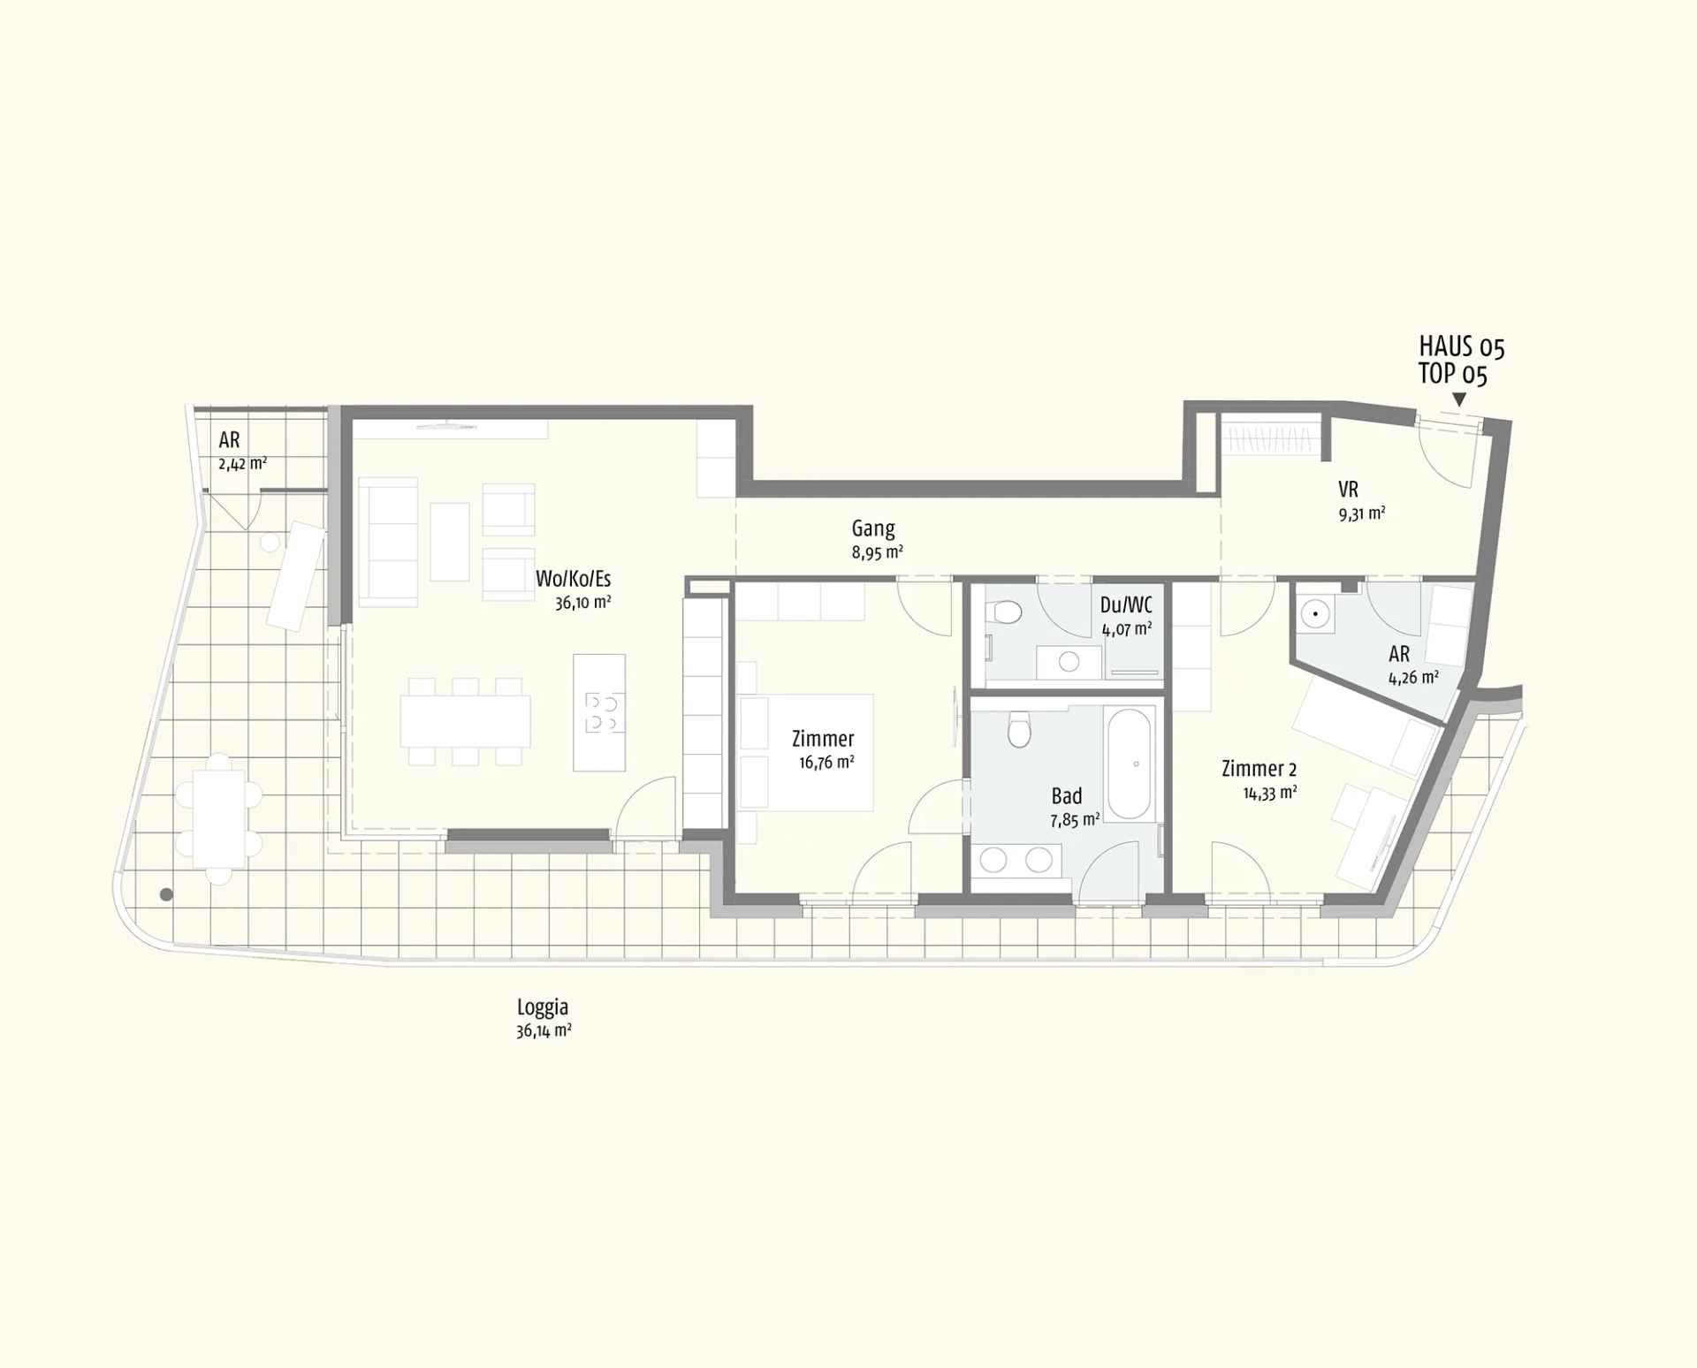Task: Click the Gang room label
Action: [872, 528]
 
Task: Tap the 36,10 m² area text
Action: [582, 603]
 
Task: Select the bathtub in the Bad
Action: [1130, 762]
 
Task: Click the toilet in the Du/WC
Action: [1008, 612]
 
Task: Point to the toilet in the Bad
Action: [1020, 730]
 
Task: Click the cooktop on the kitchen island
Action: [605, 713]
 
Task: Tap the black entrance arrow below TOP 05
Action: [1458, 400]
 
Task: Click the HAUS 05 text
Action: [1461, 346]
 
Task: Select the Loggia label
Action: [543, 1007]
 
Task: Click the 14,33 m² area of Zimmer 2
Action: [1269, 793]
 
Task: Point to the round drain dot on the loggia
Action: [166, 895]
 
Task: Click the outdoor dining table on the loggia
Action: [219, 818]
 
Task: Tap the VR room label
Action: [1348, 490]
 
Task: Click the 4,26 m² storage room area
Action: [1412, 678]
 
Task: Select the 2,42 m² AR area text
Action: [242, 463]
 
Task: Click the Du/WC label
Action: [1125, 605]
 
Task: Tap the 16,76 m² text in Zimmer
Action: [826, 762]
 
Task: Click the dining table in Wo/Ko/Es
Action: [465, 721]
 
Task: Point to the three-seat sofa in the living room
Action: [388, 542]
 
